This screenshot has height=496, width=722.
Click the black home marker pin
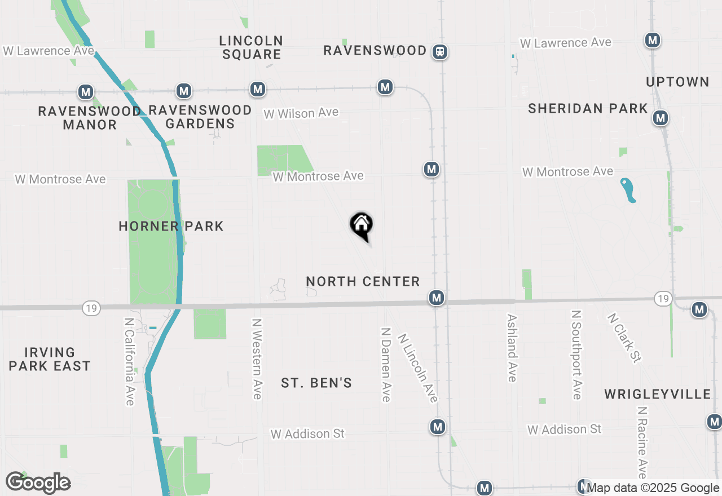point(362,225)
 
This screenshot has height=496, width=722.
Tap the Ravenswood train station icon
point(440,52)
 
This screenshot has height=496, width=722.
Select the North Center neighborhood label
point(363,281)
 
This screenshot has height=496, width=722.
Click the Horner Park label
point(171,226)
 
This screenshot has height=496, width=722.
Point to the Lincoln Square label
point(252,47)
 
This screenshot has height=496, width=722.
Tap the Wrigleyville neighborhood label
point(658,394)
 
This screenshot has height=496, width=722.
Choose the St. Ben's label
point(316,383)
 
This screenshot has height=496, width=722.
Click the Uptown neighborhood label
point(677,82)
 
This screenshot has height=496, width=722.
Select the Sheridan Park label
point(588,108)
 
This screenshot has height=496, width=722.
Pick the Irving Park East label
point(50,359)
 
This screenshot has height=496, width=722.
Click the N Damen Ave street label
point(386,365)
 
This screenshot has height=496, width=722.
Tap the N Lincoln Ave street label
point(418,368)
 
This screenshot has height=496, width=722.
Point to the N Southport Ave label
point(576,355)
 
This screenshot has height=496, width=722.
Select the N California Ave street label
point(129,361)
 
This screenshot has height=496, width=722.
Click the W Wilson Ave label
point(301,113)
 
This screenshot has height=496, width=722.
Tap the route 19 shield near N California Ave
point(91,307)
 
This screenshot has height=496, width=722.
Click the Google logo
point(38,483)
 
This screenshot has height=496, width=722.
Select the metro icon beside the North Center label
point(436,298)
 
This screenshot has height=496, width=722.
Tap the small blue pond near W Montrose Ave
point(628,190)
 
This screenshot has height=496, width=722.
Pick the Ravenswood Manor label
point(89,118)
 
